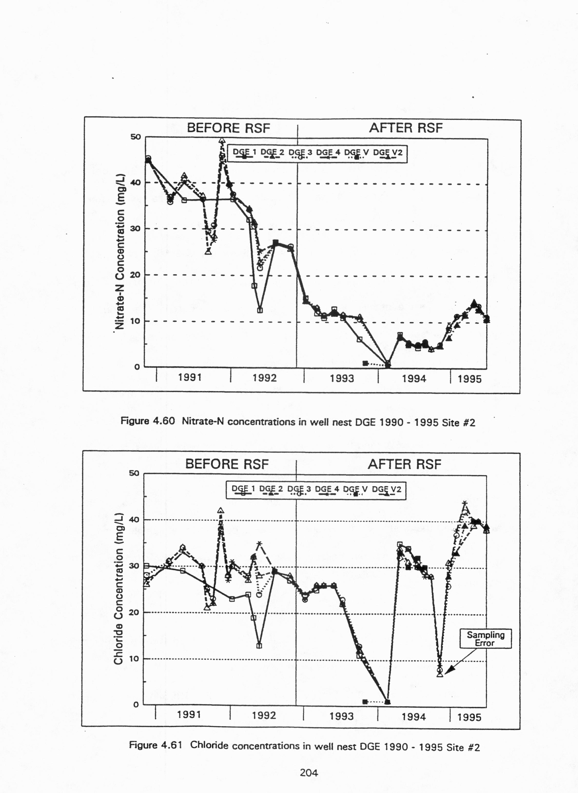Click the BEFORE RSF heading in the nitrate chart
[228, 128]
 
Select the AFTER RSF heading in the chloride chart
[404, 464]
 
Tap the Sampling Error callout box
[485, 639]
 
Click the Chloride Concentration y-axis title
[118, 588]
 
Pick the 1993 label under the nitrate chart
[342, 378]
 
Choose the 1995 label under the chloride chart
[469, 717]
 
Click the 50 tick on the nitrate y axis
[136, 137]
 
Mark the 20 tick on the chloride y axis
[134, 612]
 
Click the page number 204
[309, 773]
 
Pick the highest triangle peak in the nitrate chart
[222, 141]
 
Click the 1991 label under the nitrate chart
[190, 378]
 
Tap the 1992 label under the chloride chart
[264, 715]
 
